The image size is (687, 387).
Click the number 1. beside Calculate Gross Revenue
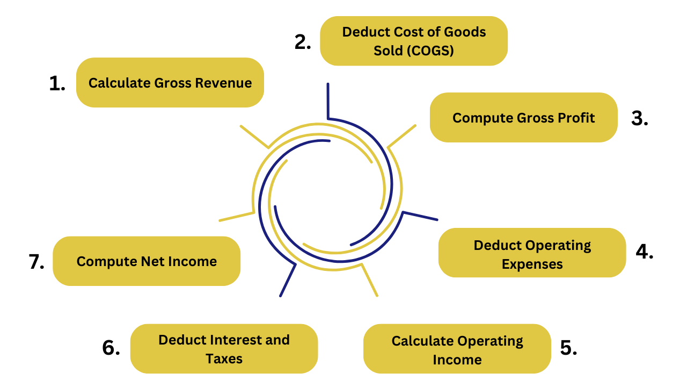(57, 83)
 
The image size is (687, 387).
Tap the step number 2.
(303, 42)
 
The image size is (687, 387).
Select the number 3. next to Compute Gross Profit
(640, 118)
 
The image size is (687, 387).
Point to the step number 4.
(645, 252)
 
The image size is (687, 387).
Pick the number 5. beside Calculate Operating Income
(568, 348)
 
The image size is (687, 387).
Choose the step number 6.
(111, 348)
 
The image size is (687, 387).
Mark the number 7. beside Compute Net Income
(36, 262)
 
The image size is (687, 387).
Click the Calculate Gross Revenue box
(170, 83)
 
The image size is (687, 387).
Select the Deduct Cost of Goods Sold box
(414, 41)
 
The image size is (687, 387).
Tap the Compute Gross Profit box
(523, 117)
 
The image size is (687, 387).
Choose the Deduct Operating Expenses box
(532, 253)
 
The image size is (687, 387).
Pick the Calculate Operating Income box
(457, 349)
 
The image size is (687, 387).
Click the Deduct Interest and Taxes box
(224, 349)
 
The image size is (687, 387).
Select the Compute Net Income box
(147, 261)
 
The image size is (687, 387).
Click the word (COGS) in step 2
(430, 51)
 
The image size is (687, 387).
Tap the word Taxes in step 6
(224, 359)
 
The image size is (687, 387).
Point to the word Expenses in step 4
(532, 264)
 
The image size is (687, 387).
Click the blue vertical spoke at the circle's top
(328, 101)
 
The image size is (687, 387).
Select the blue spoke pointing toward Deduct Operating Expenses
(420, 216)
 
